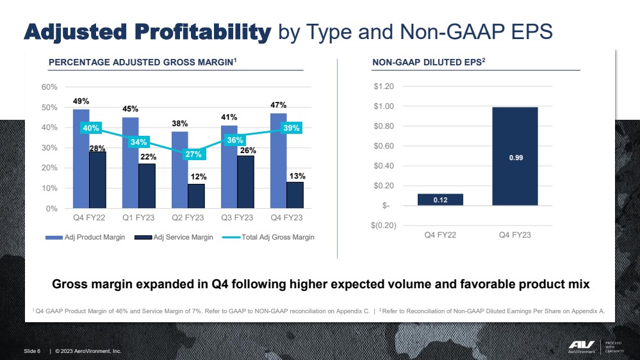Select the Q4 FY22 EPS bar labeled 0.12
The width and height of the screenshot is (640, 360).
tap(440, 199)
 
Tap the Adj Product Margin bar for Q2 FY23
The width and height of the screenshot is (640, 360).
tap(179, 170)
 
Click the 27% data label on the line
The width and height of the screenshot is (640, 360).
tap(193, 154)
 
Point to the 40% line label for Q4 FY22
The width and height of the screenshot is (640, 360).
tap(91, 128)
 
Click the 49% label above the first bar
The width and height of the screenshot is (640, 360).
tap(81, 101)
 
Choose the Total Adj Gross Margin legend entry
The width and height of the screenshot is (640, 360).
tap(275, 237)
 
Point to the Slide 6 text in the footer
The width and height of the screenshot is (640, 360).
tap(32, 351)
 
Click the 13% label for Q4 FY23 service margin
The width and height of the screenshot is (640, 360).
tap(297, 176)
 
